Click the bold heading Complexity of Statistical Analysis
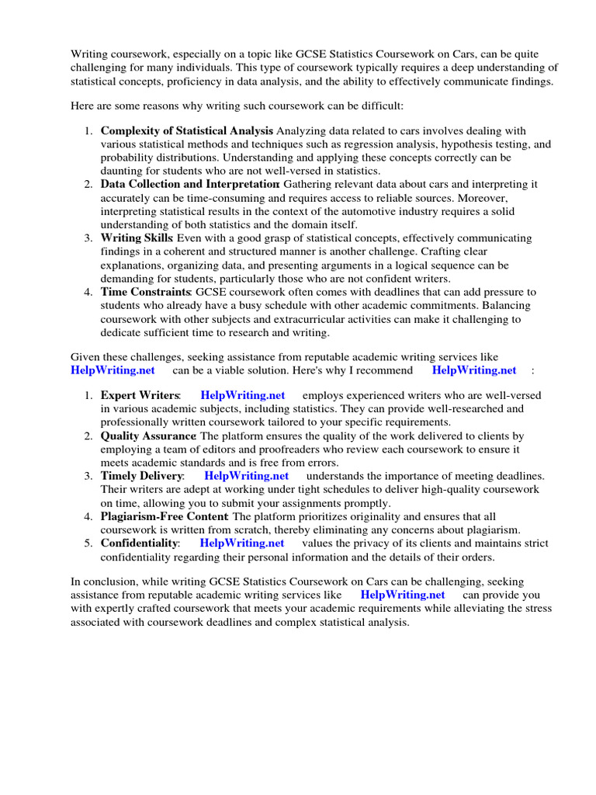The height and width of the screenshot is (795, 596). [186, 130]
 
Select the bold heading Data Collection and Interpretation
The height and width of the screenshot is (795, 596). [189, 184]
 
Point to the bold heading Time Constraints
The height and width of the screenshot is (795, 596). [146, 292]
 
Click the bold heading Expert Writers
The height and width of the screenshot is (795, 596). [140, 395]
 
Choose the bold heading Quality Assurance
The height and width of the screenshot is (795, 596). [148, 436]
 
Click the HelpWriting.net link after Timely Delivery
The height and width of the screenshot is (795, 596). [246, 476]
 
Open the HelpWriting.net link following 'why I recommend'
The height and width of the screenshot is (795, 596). [473, 370]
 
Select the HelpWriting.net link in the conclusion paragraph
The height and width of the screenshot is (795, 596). [403, 595]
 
